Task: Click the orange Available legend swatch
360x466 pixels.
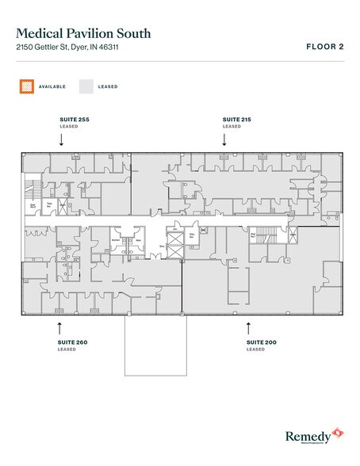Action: [x=26, y=85]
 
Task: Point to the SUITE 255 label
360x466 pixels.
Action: [x=74, y=118]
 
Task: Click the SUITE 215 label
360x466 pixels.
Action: [x=236, y=118]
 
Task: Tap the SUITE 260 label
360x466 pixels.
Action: [x=73, y=342]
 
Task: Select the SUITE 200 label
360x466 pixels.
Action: [x=260, y=342]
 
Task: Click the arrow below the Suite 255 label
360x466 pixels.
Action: [x=62, y=139]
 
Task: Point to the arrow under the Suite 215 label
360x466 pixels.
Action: [x=225, y=139]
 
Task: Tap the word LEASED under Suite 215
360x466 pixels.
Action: [x=232, y=126]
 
